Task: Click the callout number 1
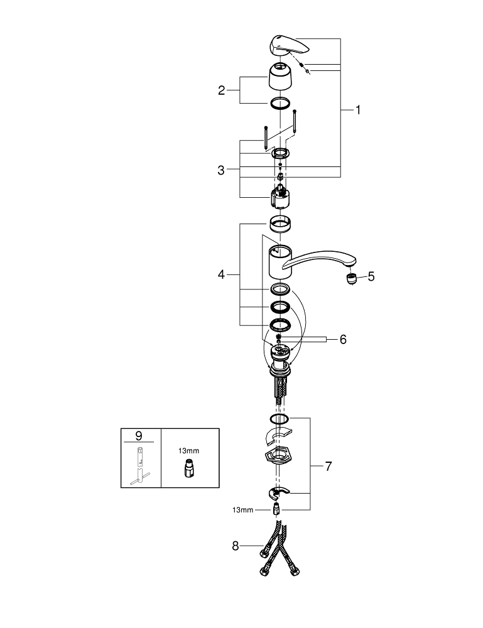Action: [358, 110]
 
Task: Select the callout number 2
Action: [222, 90]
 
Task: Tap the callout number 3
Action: [221, 170]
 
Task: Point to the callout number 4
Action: [222, 275]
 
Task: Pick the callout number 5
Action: [371, 276]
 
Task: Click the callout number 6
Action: [343, 340]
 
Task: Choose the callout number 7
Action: [328, 466]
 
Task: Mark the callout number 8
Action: [236, 546]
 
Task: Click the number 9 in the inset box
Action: [139, 435]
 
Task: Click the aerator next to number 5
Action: [351, 278]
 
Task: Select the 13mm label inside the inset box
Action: [188, 450]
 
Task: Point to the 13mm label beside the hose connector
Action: [242, 510]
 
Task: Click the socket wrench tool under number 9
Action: [140, 466]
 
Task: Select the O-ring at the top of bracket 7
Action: [279, 418]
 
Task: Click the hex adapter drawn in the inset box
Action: [190, 468]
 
